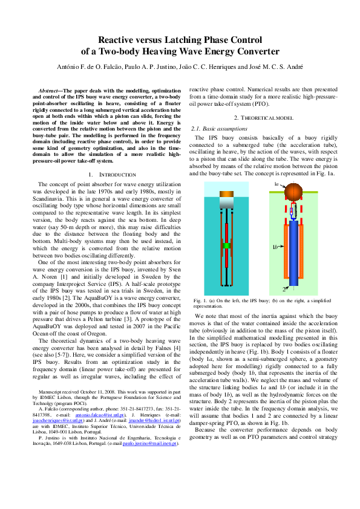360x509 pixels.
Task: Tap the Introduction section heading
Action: pyautogui.click(x=108, y=174)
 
